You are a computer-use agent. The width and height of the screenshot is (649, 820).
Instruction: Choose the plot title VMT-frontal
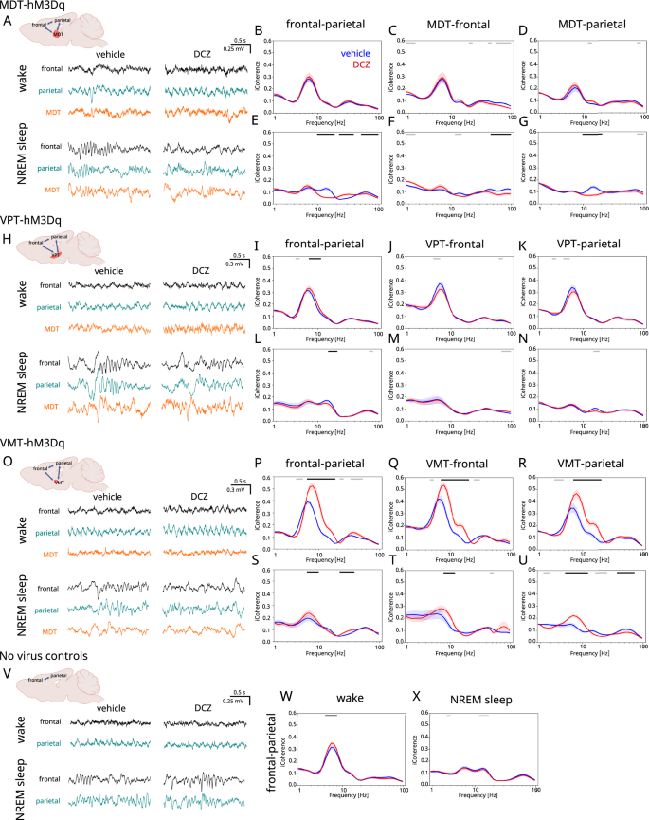[443, 464]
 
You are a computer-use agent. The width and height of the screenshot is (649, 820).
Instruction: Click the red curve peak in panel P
[311, 486]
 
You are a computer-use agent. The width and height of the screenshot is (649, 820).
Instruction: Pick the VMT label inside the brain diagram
[60, 482]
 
